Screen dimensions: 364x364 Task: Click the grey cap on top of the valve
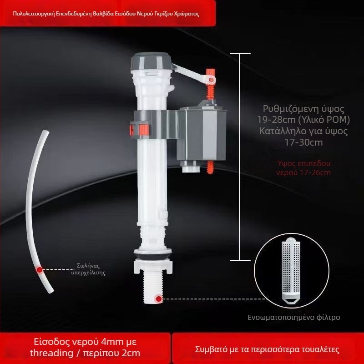pyautogui.click(x=151, y=61)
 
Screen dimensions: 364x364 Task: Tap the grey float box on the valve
pyautogui.click(x=201, y=133)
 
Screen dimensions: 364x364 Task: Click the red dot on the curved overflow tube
pyautogui.click(x=40, y=269)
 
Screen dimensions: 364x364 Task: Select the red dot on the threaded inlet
pyautogui.click(x=159, y=299)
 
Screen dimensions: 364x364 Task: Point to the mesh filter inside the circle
pyautogui.click(x=291, y=271)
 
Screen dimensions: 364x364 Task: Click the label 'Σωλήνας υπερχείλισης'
pyautogui.click(x=88, y=269)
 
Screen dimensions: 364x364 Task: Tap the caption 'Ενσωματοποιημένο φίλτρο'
pyautogui.click(x=293, y=317)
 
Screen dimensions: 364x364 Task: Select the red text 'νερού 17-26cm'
pyautogui.click(x=303, y=173)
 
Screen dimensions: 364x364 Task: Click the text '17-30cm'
pyautogui.click(x=303, y=142)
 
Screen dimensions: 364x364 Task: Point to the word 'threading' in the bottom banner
pyautogui.click(x=52, y=353)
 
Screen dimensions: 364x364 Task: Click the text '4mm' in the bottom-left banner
pyautogui.click(x=111, y=342)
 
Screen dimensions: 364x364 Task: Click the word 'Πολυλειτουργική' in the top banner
pyautogui.click(x=34, y=14)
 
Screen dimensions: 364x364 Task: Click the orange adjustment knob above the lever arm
pyautogui.click(x=211, y=72)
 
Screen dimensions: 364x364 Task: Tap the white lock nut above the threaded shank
pyautogui.click(x=153, y=266)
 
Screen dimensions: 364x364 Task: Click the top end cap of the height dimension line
pyautogui.click(x=240, y=54)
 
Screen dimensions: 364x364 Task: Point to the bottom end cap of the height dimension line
pyautogui.click(x=240, y=260)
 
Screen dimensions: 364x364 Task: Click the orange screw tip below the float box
pyautogui.click(x=210, y=167)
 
